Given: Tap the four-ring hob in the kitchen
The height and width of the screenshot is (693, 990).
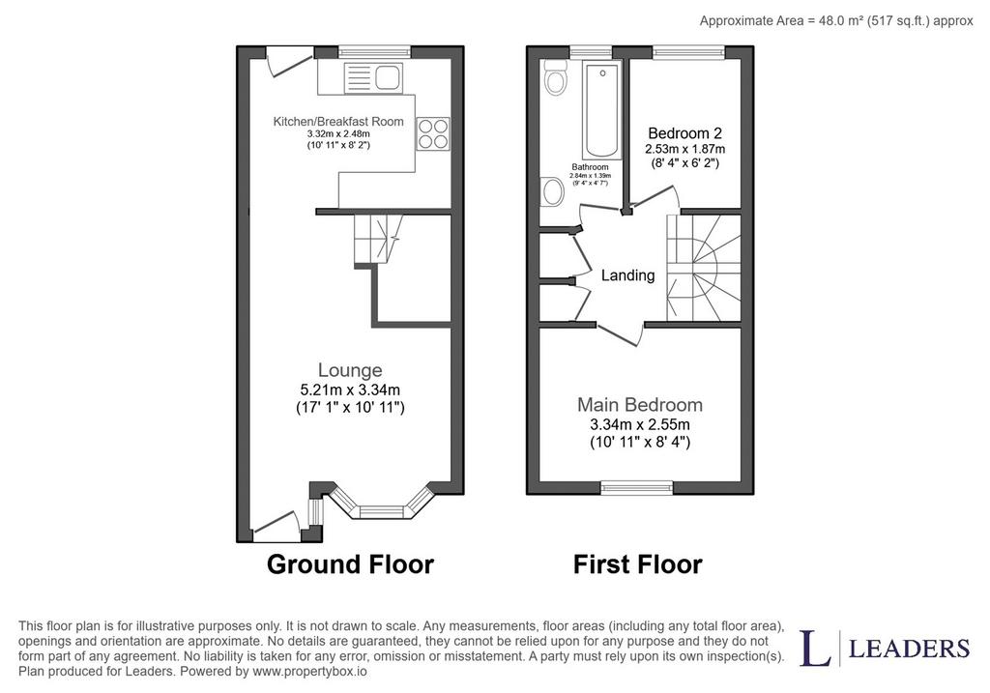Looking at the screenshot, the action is (433, 133).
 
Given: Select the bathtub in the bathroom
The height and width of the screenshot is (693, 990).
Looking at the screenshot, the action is (601, 110).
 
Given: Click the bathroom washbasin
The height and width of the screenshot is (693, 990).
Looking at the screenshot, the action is (553, 191).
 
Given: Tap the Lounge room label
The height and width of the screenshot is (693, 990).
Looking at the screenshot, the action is (350, 370).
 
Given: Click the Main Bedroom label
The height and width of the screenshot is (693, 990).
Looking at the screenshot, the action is (640, 405).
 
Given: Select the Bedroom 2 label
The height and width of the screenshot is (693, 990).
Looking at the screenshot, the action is (685, 133).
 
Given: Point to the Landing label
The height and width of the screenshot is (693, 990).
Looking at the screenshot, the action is (627, 275).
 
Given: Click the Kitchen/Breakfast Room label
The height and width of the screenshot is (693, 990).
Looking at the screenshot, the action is (338, 121).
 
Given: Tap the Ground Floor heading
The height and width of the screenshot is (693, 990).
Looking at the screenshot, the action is (350, 564).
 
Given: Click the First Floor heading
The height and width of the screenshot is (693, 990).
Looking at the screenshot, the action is (638, 564).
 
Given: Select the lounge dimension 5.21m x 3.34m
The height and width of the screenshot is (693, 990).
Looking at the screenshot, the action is (350, 390).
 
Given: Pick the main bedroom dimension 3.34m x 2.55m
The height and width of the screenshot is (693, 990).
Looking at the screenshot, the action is (640, 424).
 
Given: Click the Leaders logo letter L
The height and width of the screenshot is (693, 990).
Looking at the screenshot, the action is (815, 648).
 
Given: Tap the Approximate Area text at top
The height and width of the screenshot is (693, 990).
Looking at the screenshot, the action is (836, 21).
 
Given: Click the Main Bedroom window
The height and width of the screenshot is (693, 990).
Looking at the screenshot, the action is (637, 486).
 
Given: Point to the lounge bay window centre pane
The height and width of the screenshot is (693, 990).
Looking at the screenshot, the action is (382, 512).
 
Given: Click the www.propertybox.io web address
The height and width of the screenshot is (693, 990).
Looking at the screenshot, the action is (309, 671).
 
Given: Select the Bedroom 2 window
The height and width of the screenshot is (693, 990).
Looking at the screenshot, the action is (688, 52).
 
